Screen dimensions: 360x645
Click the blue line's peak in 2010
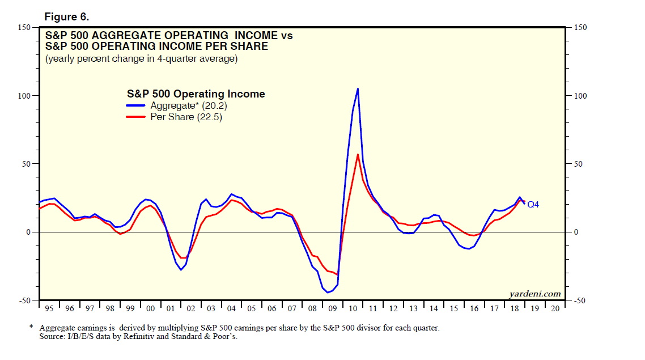click(358, 88)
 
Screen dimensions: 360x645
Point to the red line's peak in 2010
click(358, 154)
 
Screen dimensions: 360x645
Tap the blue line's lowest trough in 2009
click(328, 293)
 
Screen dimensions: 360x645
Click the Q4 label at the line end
click(533, 204)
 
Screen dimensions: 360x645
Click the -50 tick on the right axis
click(578, 300)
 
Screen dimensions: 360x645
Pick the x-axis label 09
click(333, 309)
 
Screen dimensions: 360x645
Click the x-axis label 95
click(49, 309)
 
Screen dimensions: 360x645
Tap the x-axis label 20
click(555, 309)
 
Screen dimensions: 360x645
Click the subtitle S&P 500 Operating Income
click(194, 94)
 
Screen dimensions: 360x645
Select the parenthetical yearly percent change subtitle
click(141, 58)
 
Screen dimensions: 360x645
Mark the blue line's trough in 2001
click(181, 269)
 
